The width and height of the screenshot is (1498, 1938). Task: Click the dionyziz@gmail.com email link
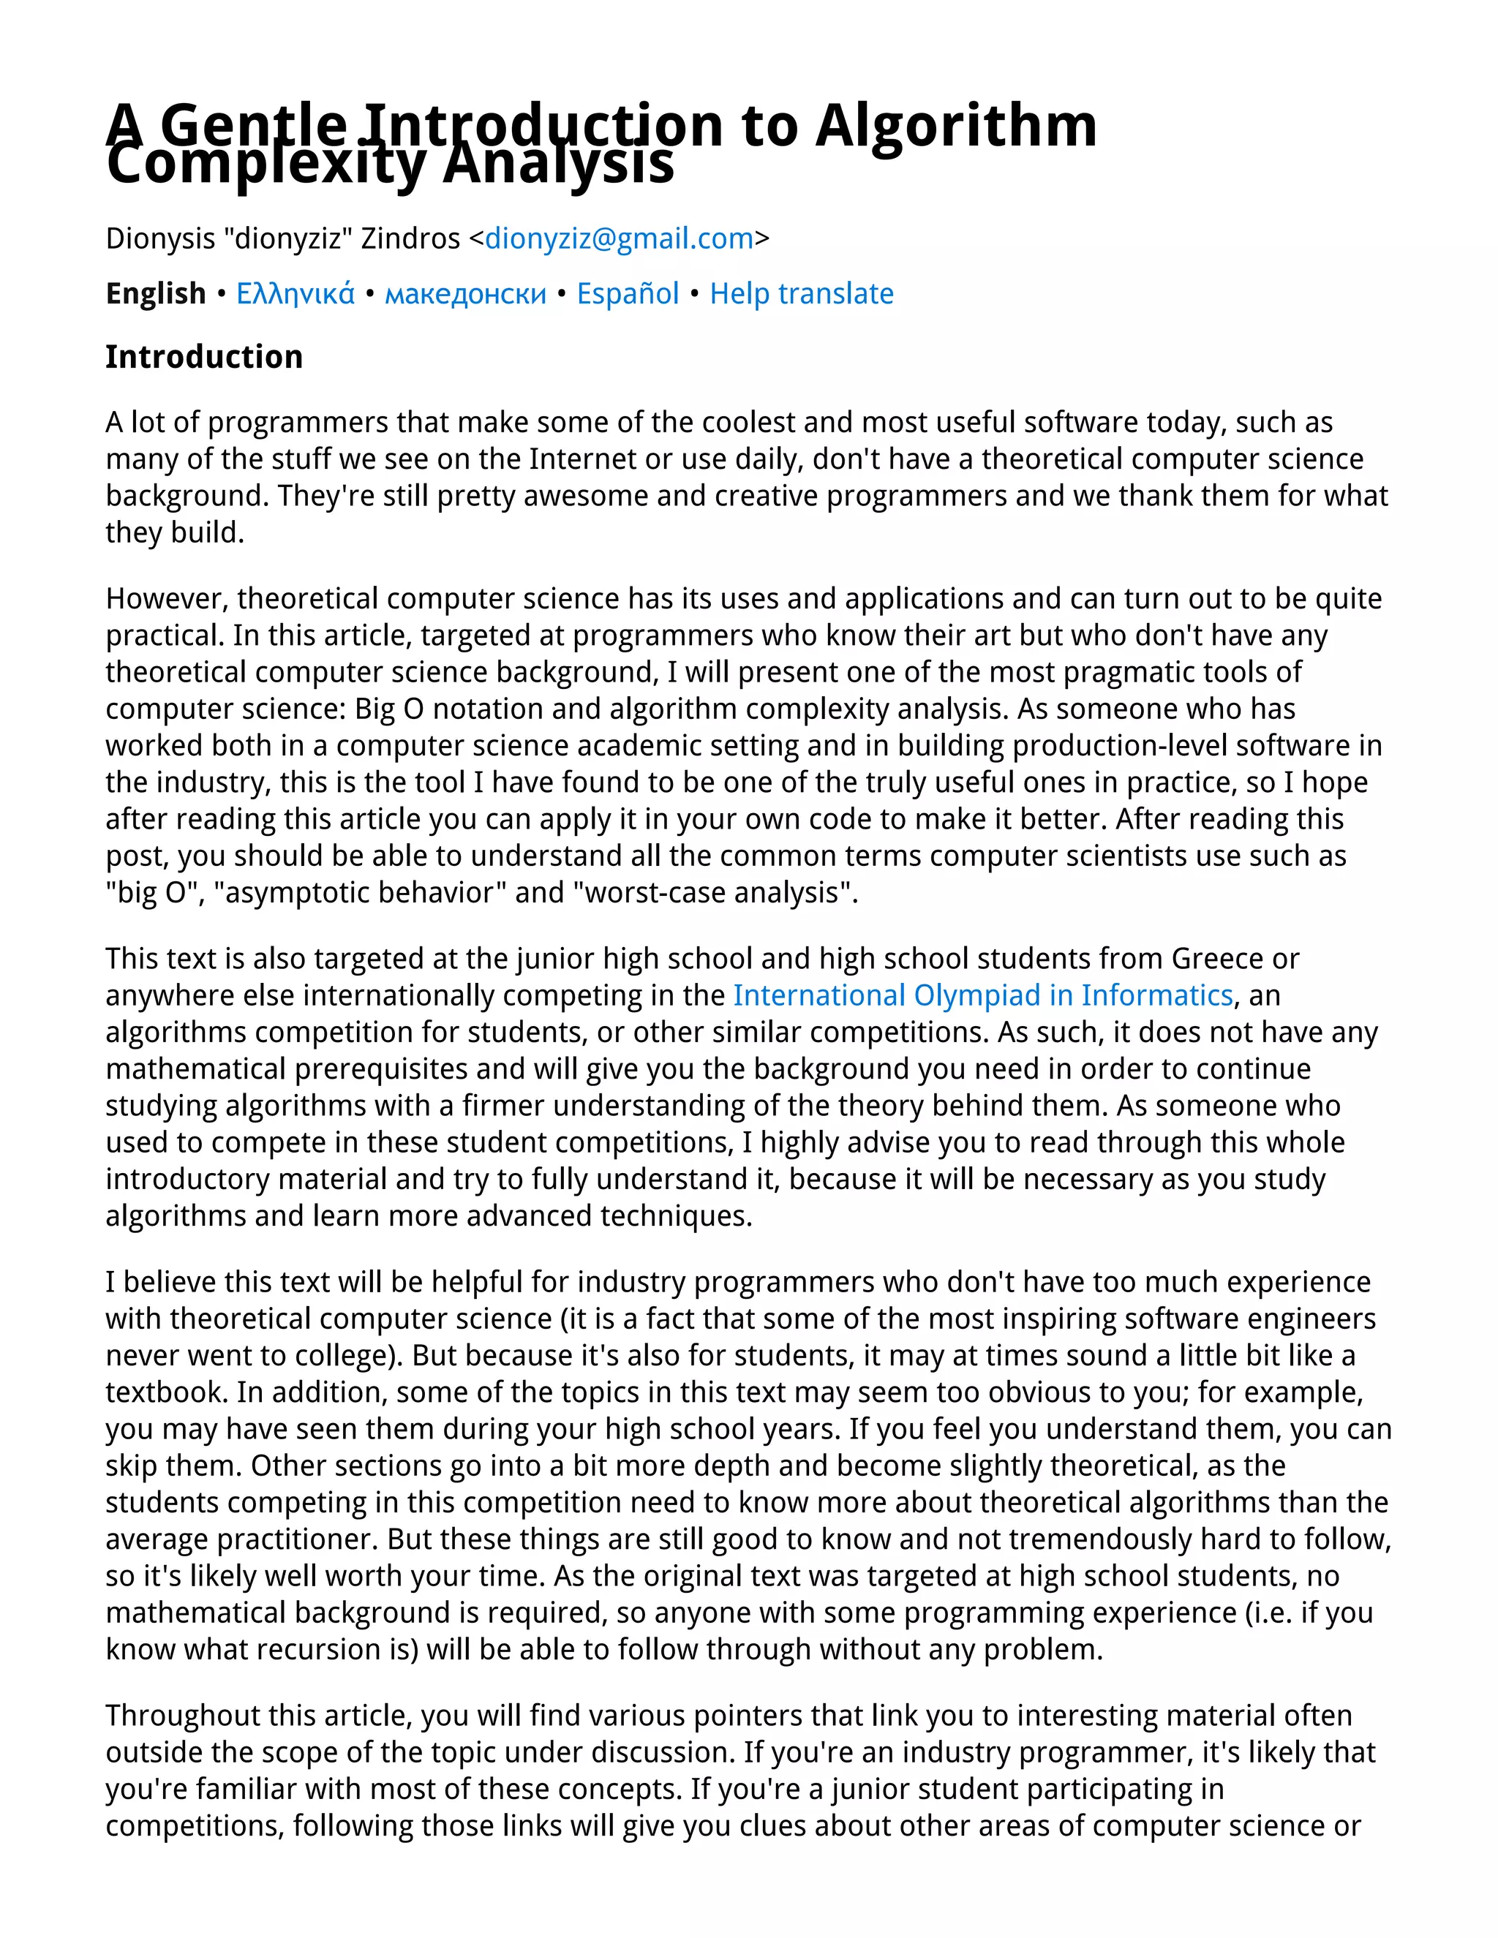pos(619,238)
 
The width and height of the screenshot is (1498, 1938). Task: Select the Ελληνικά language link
pos(295,294)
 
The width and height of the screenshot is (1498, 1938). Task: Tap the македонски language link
pos(465,294)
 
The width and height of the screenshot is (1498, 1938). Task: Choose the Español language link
pos(628,294)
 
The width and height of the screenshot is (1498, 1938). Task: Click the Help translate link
pos(802,294)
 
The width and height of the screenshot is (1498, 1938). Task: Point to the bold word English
pos(155,294)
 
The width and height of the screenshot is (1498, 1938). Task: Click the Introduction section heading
pos(204,357)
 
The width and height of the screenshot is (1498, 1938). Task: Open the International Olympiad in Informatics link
pos(982,995)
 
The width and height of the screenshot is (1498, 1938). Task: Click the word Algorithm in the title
pos(956,126)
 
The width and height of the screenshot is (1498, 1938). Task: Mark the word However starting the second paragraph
pos(167,599)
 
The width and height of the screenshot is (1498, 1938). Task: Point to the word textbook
pos(164,1392)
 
